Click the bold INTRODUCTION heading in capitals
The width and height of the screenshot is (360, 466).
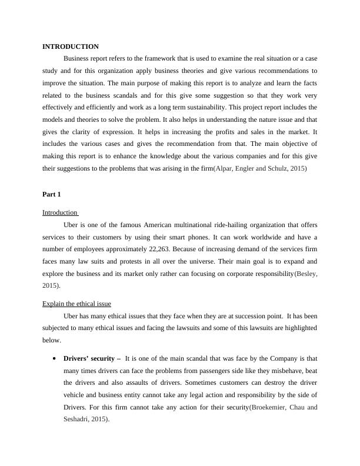pyautogui.click(x=71, y=46)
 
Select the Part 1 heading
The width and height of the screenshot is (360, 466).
pyautogui.click(x=51, y=194)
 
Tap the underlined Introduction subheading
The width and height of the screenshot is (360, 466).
pyautogui.click(x=60, y=212)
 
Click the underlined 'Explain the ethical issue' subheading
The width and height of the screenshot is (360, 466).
pyautogui.click(x=76, y=304)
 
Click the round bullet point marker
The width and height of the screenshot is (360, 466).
pyautogui.click(x=54, y=358)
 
